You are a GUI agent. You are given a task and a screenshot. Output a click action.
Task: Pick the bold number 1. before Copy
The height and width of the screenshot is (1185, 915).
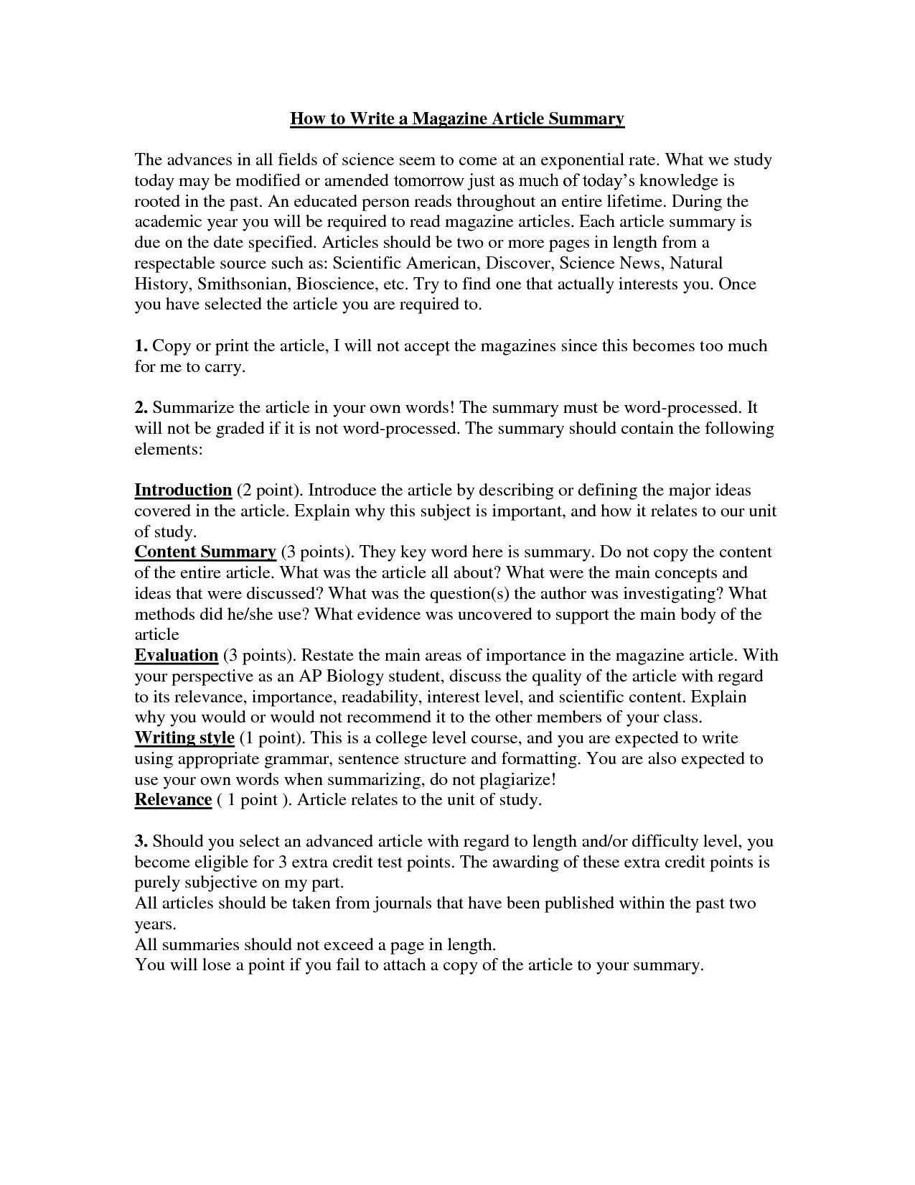coord(141,345)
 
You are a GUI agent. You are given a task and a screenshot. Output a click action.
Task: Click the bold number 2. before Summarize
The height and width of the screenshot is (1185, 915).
coord(141,407)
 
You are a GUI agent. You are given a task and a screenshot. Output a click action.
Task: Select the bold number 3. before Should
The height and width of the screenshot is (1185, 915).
coord(141,840)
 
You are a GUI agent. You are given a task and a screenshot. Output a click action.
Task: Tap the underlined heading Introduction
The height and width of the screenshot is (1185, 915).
coord(183,491)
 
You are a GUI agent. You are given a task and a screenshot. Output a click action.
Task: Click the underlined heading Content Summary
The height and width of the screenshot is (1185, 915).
coord(205,552)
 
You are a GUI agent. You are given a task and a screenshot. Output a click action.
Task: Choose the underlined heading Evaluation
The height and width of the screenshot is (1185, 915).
coord(177,655)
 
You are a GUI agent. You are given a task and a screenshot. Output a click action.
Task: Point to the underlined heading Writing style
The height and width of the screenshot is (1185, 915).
coord(184,738)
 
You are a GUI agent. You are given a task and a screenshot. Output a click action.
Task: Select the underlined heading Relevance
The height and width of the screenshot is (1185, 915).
coord(173,800)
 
